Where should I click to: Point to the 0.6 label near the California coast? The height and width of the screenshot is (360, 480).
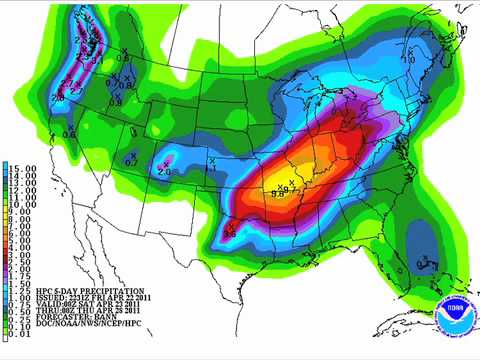(x=69, y=133)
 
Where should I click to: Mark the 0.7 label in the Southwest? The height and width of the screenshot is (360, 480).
(x=131, y=159)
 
